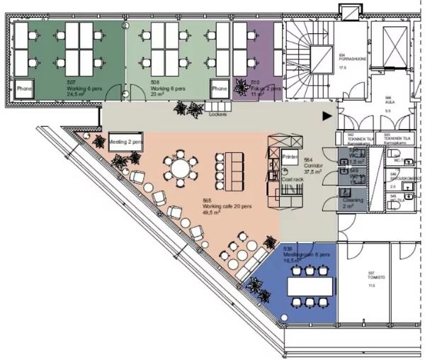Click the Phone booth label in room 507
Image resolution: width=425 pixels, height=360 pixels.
pos(25,89)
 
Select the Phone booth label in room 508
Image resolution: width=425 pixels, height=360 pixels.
pos(219,89)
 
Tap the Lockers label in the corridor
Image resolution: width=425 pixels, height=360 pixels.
pos(217,113)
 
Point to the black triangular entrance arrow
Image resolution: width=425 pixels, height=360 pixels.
pos(327,114)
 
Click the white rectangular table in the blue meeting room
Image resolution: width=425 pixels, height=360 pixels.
pos(309,286)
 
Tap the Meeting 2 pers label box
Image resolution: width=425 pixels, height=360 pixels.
pos(127,142)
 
